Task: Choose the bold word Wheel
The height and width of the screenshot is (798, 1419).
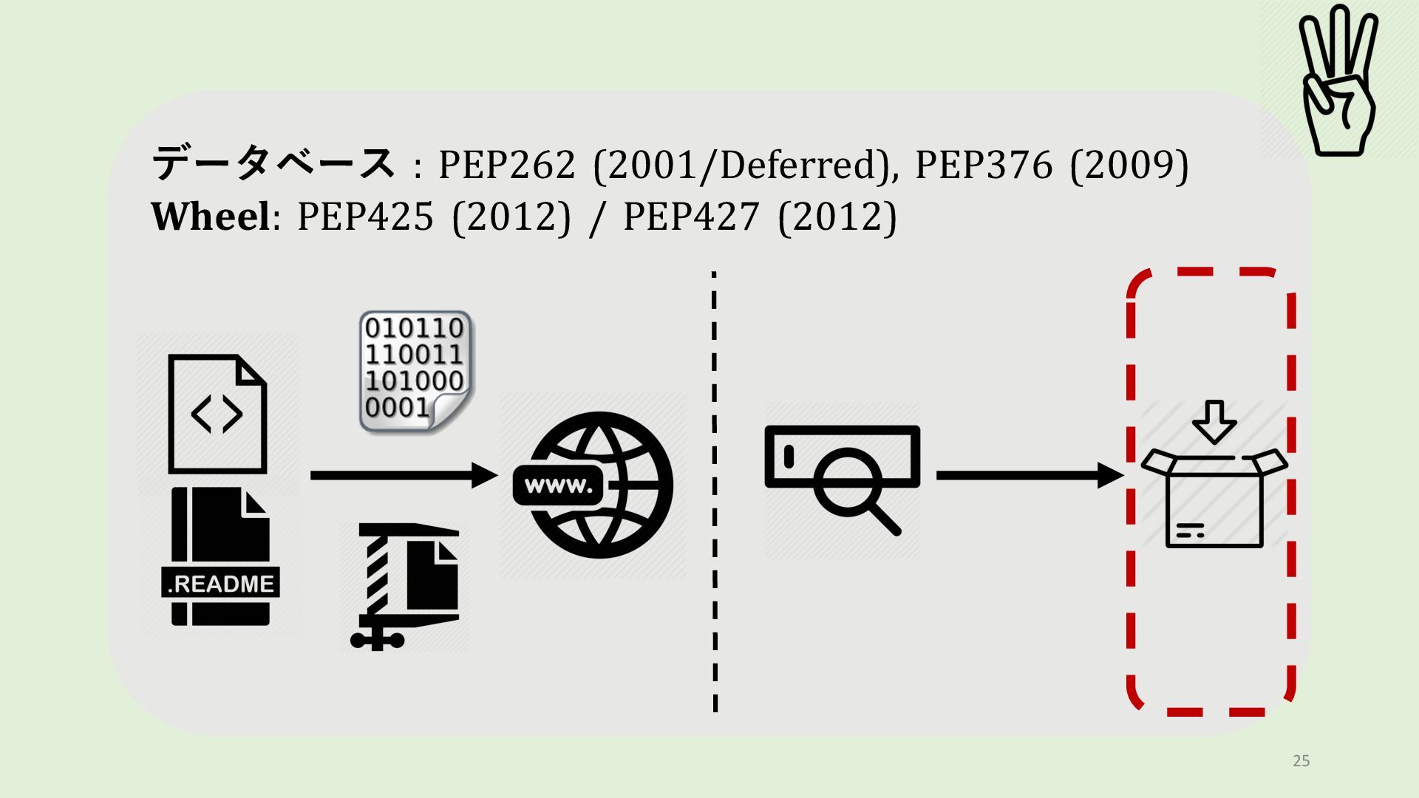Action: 211,217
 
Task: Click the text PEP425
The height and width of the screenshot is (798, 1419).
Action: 365,217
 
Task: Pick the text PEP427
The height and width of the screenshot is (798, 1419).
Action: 691,217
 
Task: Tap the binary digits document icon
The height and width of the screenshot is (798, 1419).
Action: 415,372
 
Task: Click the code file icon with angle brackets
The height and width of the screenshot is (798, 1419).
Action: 217,414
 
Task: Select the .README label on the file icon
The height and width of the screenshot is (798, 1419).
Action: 220,584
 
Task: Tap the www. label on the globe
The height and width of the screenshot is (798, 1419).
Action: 559,486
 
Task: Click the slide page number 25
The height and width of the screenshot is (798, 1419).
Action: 1301,761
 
